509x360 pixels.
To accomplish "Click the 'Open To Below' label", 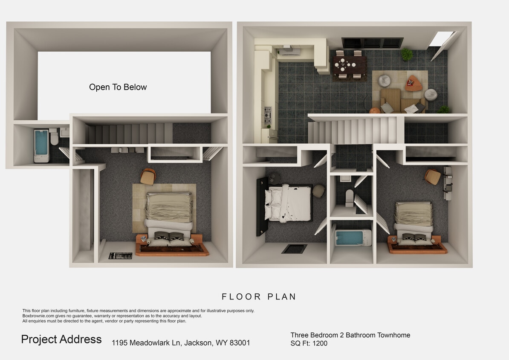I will [118, 87].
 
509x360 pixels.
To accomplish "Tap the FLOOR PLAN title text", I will [259, 297].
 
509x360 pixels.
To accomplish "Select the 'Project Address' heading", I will [61, 340].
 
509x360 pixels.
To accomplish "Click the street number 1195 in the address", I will [120, 343].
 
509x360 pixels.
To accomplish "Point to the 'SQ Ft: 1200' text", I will [309, 343].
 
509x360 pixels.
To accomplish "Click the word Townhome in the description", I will [393, 335].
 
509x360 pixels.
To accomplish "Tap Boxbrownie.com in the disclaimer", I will [38, 316].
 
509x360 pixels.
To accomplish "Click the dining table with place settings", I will [350, 65].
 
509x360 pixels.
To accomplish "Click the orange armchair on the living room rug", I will [413, 84].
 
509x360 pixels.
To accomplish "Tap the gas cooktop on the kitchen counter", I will [268, 115].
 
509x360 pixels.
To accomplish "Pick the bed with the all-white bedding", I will [290, 203].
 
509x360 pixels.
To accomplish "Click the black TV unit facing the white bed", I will [260, 206].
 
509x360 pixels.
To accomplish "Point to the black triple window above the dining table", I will [372, 43].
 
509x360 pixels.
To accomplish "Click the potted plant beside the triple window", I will [407, 54].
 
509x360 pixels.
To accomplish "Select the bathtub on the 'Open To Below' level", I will [41, 145].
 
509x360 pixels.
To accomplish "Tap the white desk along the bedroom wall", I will [448, 183].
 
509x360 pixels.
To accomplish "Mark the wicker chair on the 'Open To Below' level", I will [148, 177].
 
